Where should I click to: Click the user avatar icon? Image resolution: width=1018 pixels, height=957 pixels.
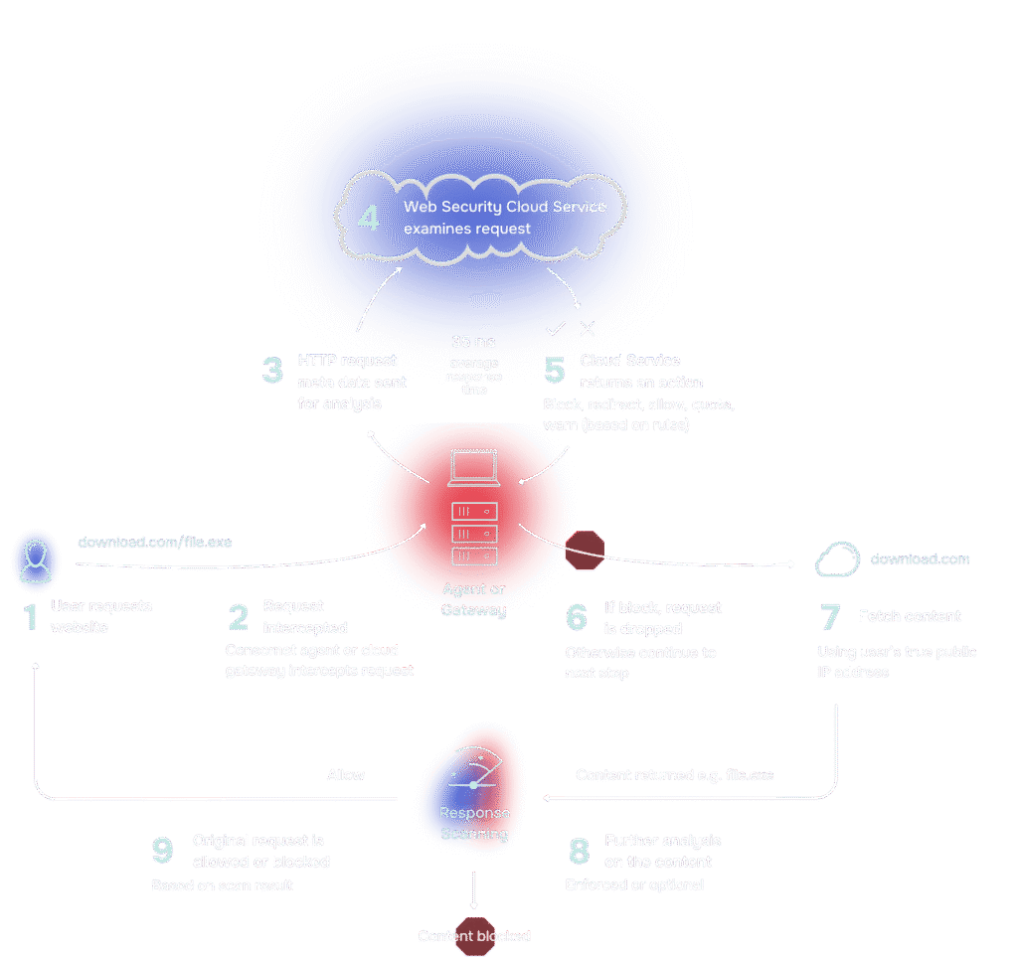35,560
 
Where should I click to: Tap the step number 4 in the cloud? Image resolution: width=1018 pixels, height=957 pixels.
368,218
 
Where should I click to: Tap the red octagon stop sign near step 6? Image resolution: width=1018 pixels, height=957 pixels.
585,550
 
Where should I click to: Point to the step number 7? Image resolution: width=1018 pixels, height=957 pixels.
829,617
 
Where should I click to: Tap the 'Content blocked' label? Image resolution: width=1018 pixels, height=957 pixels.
474,936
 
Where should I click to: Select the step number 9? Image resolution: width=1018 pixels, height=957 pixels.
162,851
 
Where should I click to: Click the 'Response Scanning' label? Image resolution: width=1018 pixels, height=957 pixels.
474,823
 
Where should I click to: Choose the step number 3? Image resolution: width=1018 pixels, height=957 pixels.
272,371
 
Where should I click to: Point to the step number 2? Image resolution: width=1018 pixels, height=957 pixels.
239,617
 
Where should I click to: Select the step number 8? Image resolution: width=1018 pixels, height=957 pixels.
579,851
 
